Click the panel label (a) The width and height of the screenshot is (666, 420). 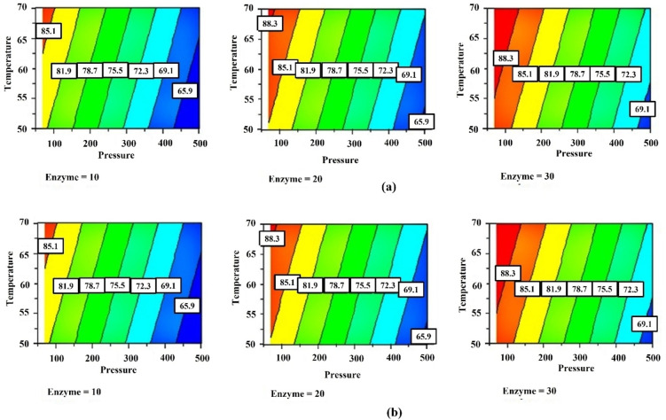(388, 187)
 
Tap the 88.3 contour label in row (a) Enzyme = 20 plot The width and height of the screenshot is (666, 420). (270, 24)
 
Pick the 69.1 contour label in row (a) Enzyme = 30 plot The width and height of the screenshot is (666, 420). (640, 109)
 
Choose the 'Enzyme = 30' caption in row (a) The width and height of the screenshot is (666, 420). (533, 177)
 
